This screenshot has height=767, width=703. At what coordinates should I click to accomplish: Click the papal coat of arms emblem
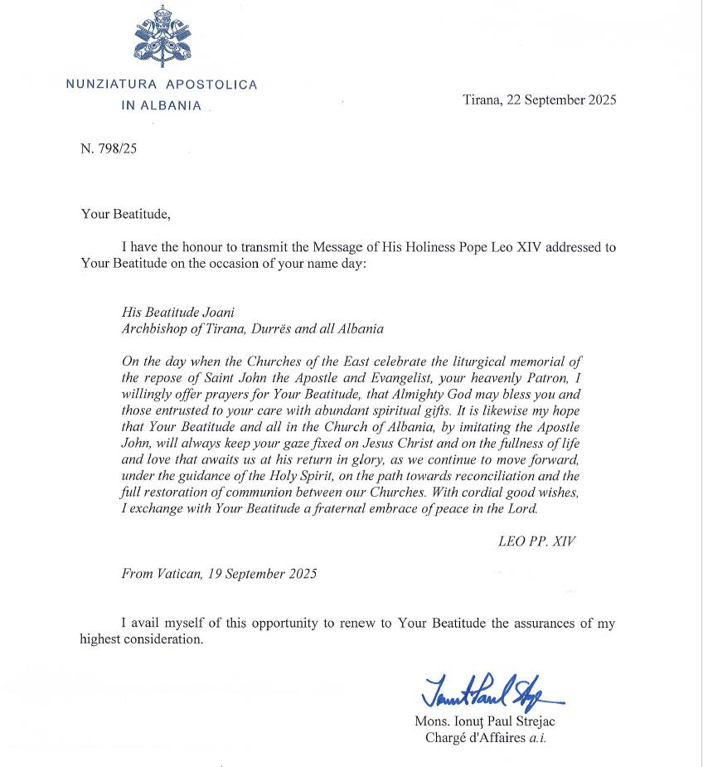[x=161, y=36]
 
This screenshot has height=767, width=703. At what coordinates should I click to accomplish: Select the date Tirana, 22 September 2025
[x=539, y=100]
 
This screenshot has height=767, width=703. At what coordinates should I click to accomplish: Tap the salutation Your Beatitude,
[x=125, y=214]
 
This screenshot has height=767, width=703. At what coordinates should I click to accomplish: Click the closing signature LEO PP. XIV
[x=536, y=541]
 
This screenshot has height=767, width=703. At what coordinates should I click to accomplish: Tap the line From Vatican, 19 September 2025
[x=219, y=573]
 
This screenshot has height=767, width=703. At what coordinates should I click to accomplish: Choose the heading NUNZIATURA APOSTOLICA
[x=162, y=85]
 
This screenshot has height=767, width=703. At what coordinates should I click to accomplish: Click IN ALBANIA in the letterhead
[x=161, y=105]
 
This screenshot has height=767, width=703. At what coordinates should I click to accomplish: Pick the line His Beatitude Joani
[x=177, y=313]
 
